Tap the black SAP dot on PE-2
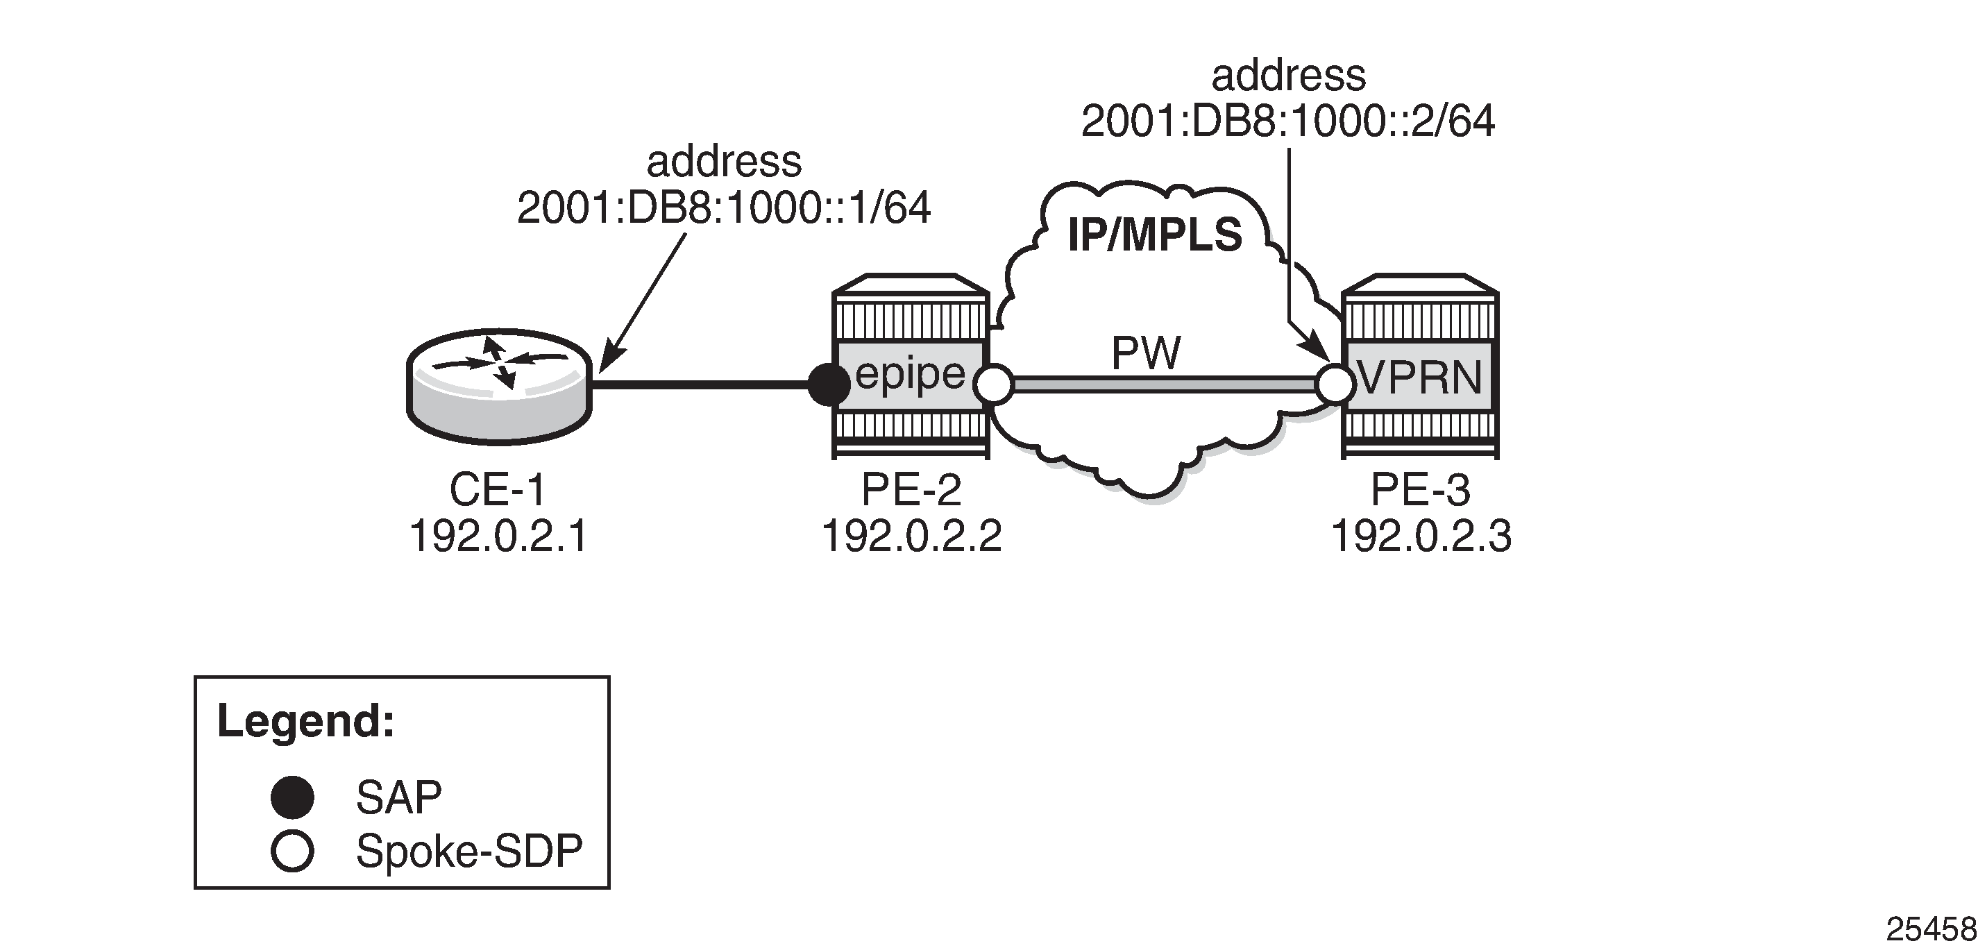tap(829, 384)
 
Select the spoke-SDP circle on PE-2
tap(994, 384)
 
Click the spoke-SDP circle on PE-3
tap(1335, 384)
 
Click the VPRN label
tap(1420, 378)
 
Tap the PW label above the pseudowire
tap(1146, 353)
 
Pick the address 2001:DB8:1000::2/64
tap(1287, 121)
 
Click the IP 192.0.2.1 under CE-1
tap(498, 536)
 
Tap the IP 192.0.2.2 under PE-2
tap(911, 536)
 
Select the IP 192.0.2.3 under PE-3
tap(1421, 536)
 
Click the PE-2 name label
tap(911, 490)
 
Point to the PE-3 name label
tap(1421, 490)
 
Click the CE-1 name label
tap(498, 490)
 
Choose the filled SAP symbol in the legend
tap(293, 797)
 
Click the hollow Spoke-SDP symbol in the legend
tap(293, 852)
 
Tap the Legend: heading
tap(305, 722)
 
